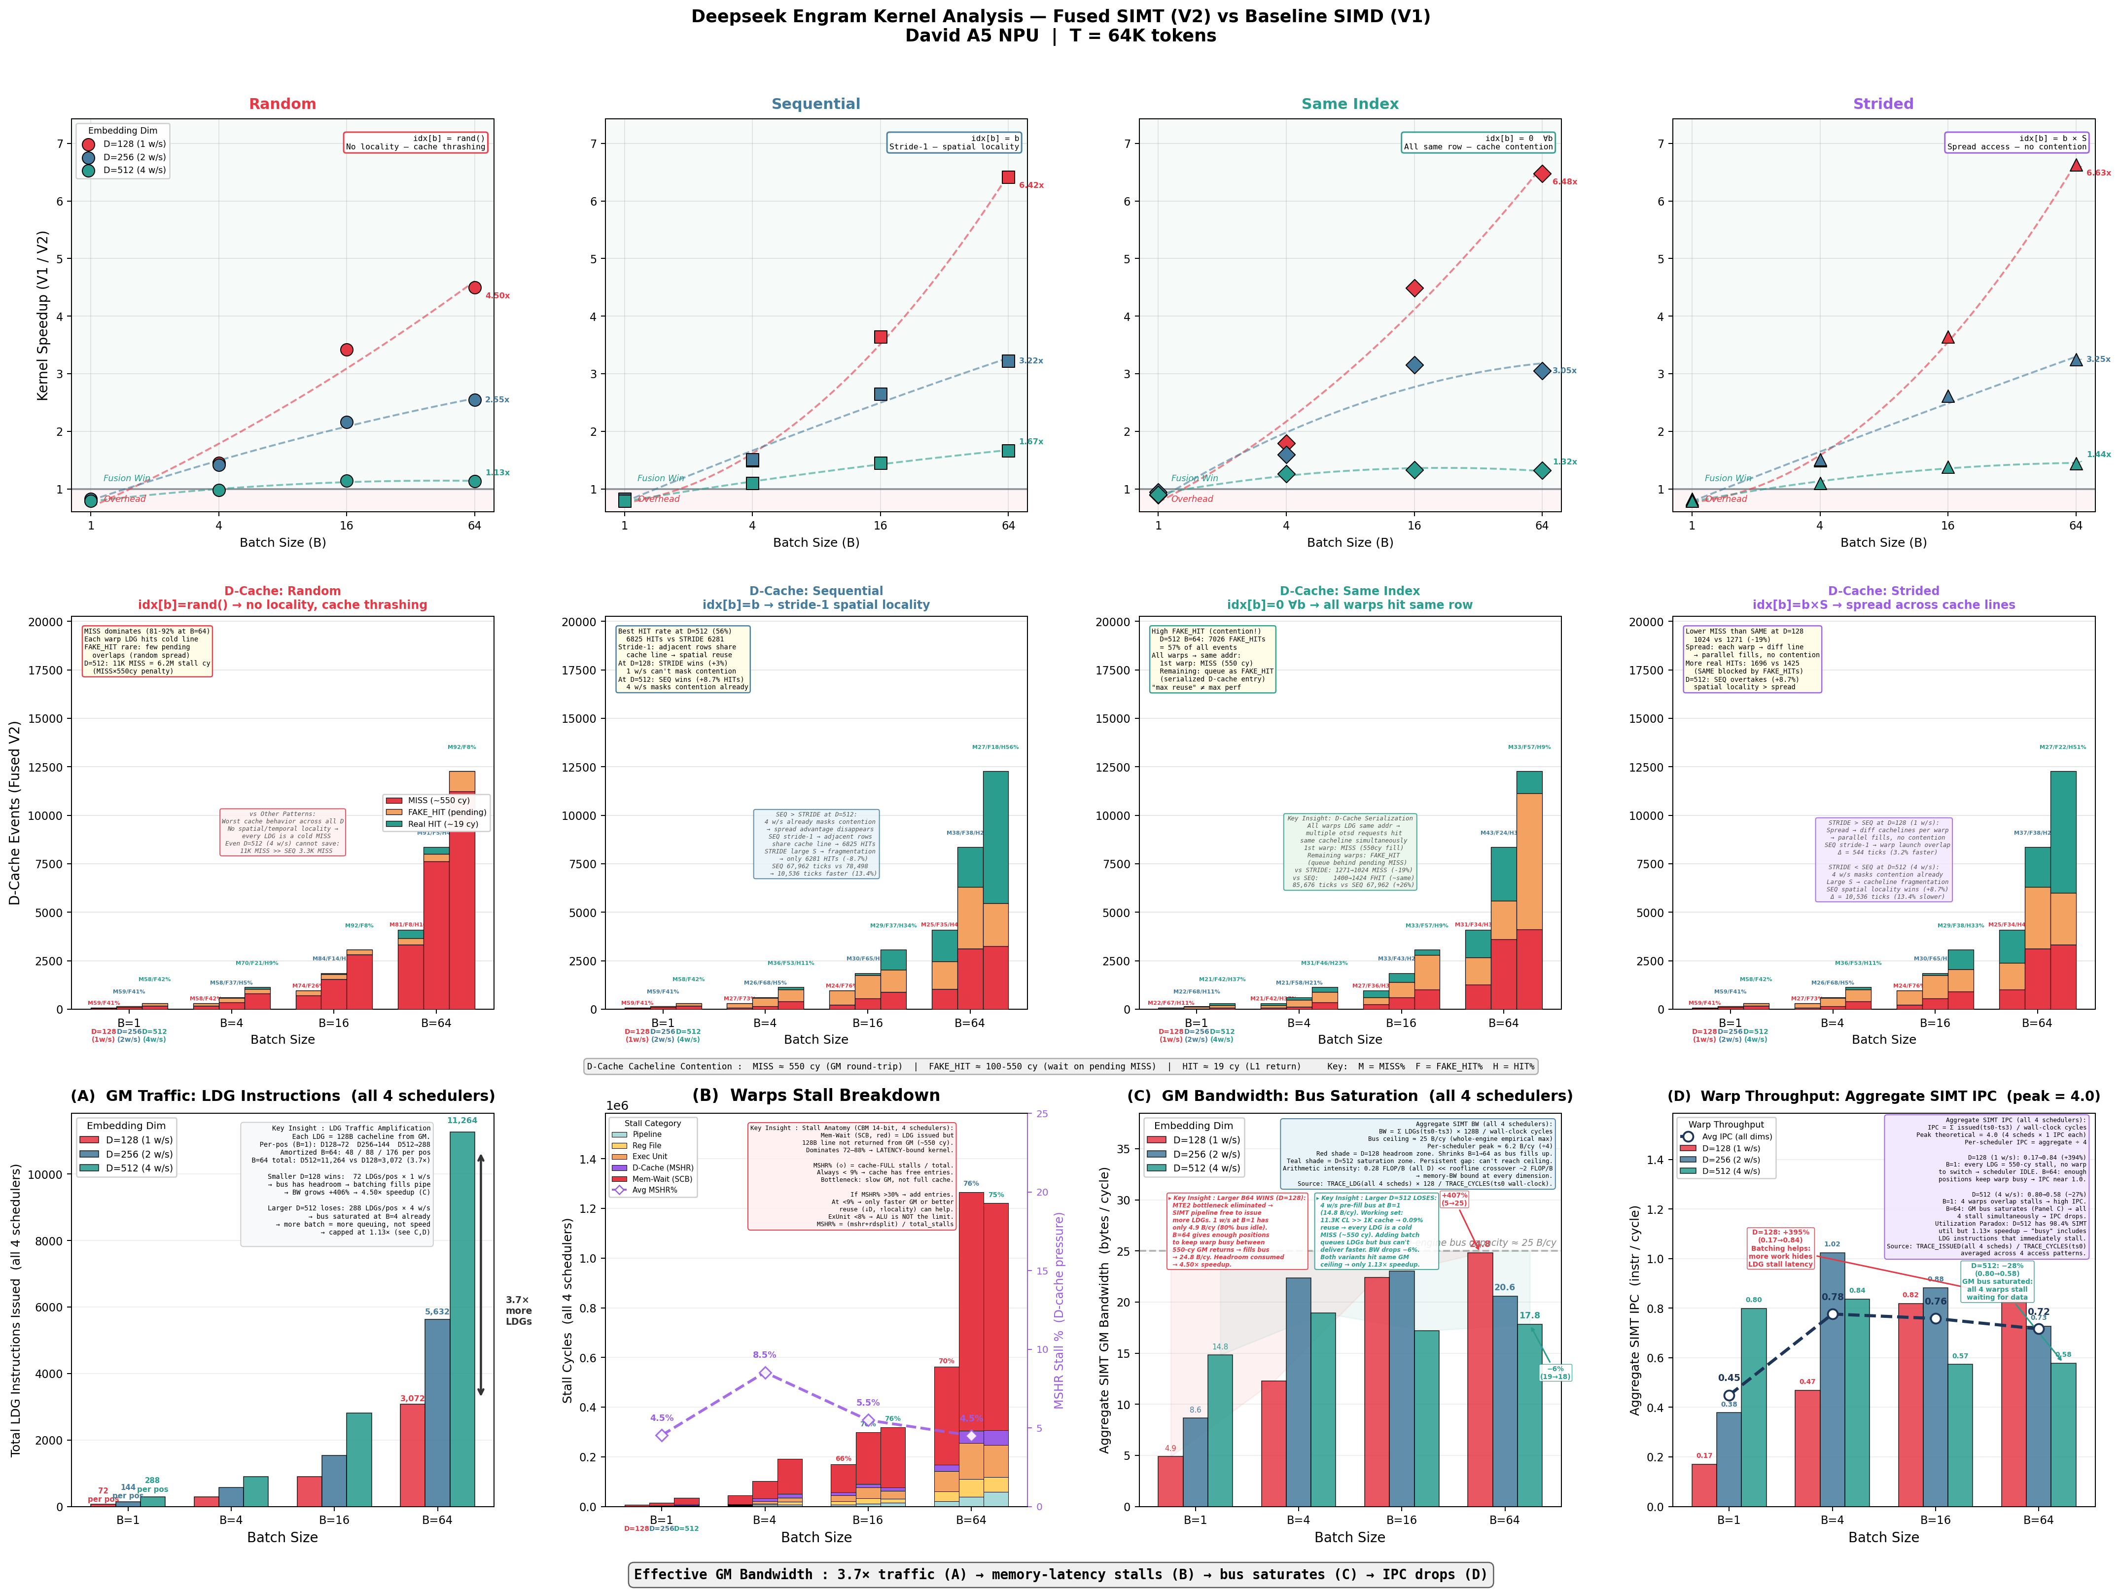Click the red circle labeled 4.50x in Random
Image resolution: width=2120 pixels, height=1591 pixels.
(474, 287)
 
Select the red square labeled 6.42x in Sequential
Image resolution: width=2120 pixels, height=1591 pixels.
(1008, 177)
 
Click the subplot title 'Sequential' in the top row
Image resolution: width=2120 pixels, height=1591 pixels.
(815, 104)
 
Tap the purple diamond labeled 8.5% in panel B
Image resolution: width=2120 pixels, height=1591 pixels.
(765, 1373)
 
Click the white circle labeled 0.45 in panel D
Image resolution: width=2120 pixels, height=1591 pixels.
(1729, 1395)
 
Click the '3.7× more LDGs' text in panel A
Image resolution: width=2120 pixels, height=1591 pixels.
(519, 1310)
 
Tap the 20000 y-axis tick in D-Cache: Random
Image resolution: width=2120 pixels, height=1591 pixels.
(45, 622)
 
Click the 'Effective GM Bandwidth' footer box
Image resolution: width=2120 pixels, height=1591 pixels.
(1060, 1574)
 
